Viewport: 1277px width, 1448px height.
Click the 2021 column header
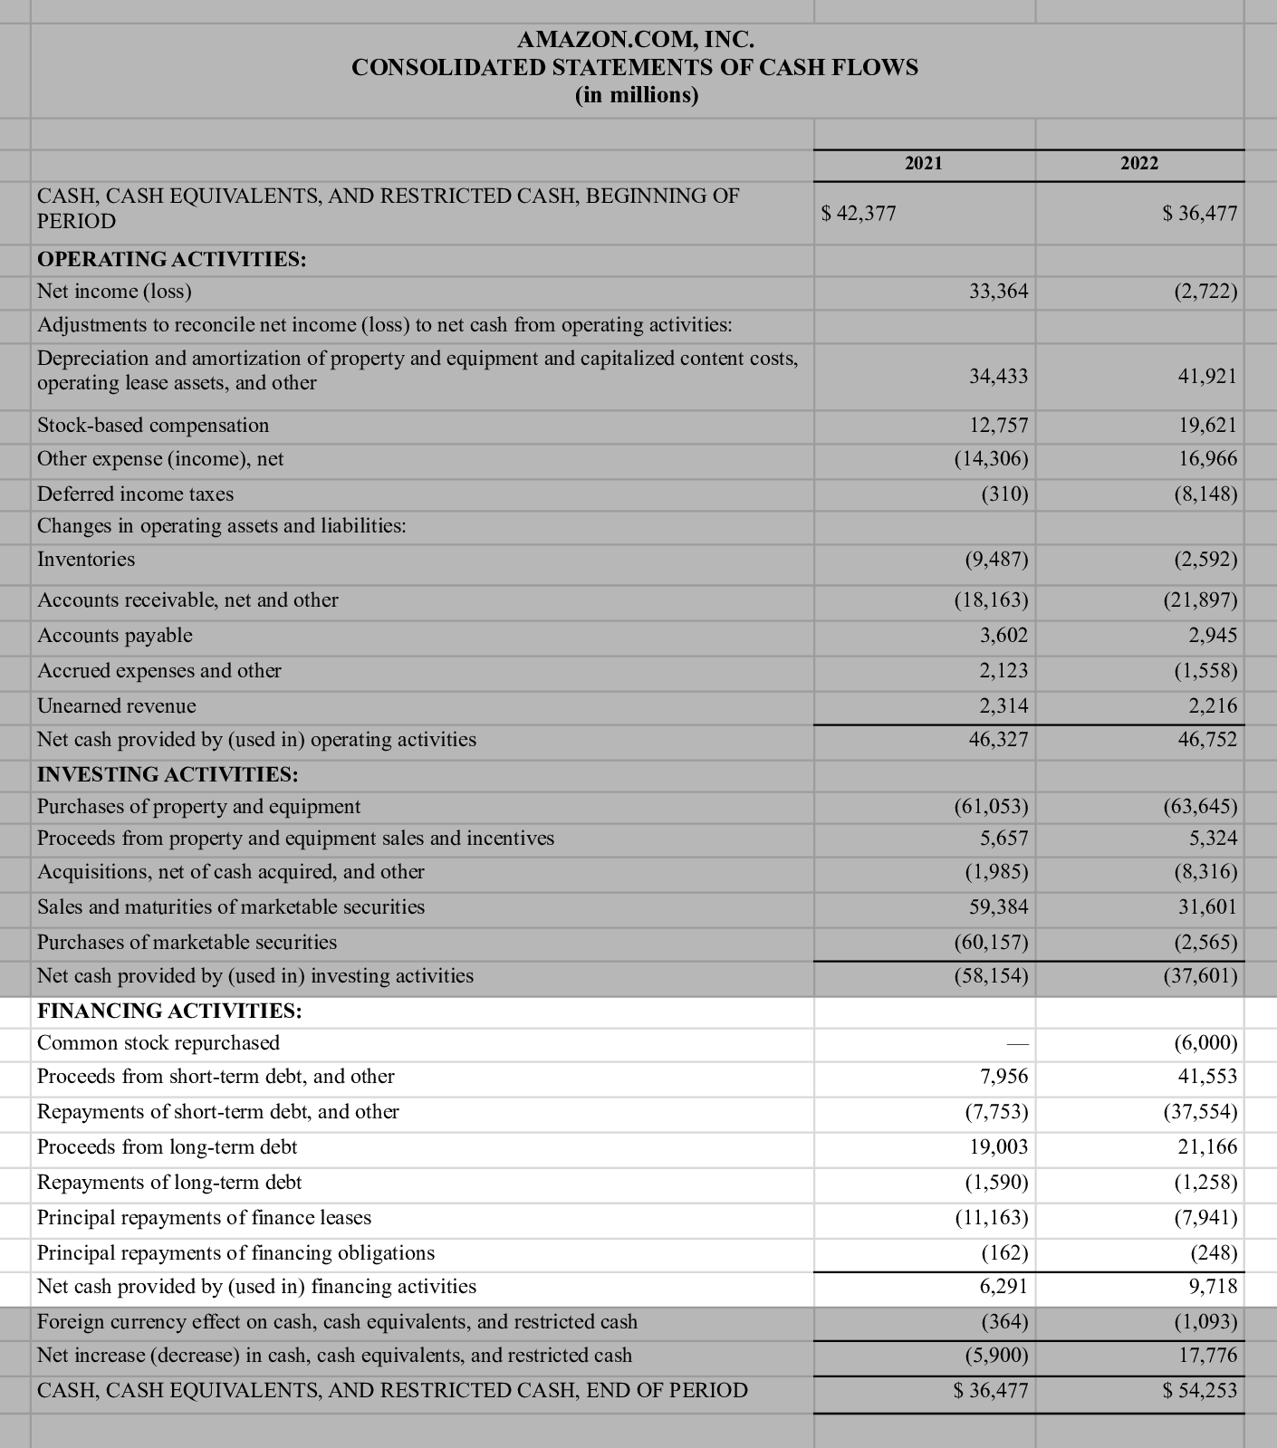923,163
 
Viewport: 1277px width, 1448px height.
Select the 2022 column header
1138,163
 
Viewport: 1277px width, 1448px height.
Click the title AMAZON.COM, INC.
635,40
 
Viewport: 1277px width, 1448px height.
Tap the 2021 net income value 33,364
998,292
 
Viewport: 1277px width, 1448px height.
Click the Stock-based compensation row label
153,426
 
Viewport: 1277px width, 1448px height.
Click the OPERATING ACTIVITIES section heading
171,260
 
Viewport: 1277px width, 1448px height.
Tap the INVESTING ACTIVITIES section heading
168,775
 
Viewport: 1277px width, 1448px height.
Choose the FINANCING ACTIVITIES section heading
169,1011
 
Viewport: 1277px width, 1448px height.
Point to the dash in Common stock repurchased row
1017,1044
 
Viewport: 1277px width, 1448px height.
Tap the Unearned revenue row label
116,706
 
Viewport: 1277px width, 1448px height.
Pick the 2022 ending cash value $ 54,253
1199,1390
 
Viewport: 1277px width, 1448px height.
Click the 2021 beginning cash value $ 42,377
858,214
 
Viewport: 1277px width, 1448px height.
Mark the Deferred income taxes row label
135,494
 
